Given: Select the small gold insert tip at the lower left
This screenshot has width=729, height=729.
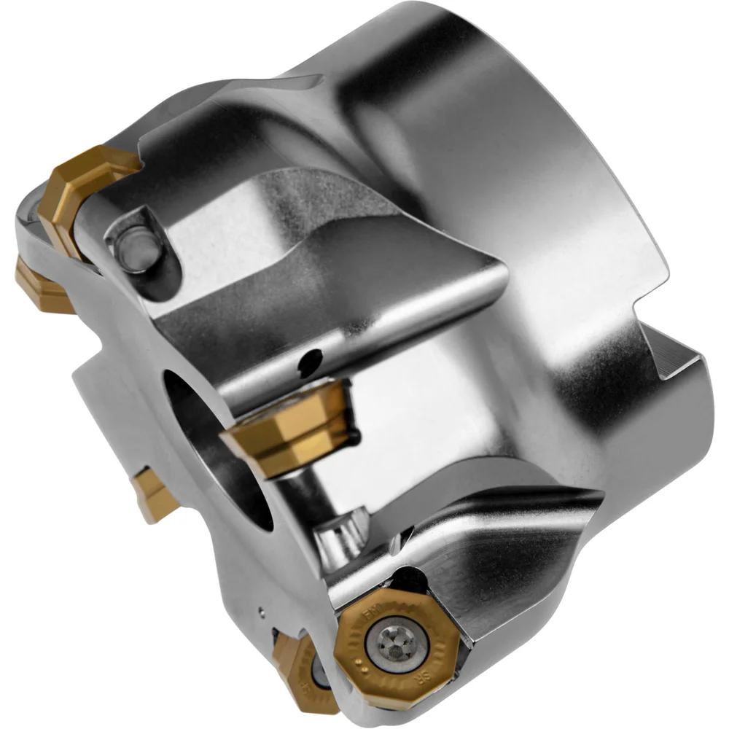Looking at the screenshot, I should [155, 496].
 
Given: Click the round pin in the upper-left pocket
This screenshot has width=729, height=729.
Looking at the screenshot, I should [139, 248].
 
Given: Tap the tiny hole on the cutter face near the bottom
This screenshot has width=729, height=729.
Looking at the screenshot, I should [261, 606].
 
